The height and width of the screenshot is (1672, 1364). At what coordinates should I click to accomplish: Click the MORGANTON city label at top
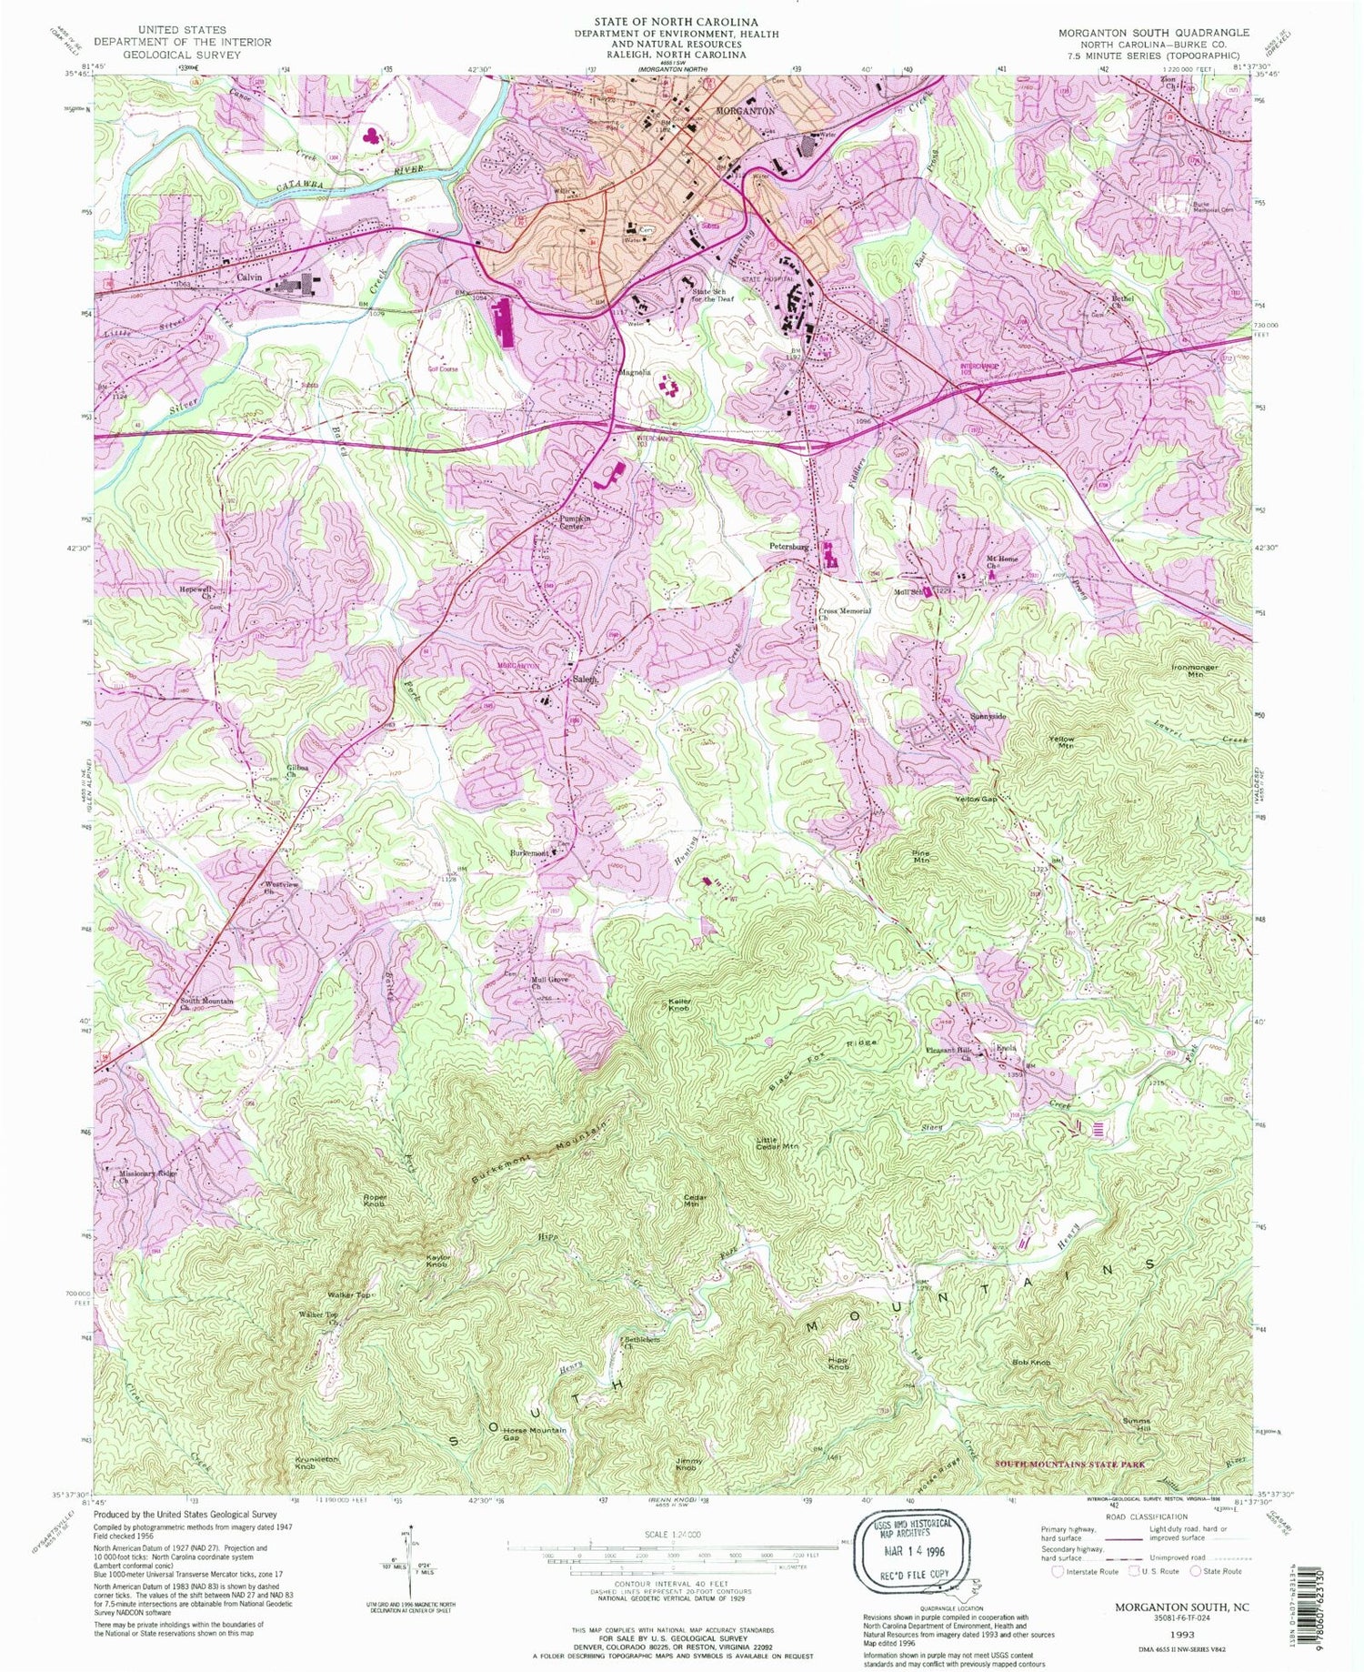click(x=745, y=110)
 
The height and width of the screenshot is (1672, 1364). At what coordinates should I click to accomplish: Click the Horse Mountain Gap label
click(x=534, y=1435)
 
